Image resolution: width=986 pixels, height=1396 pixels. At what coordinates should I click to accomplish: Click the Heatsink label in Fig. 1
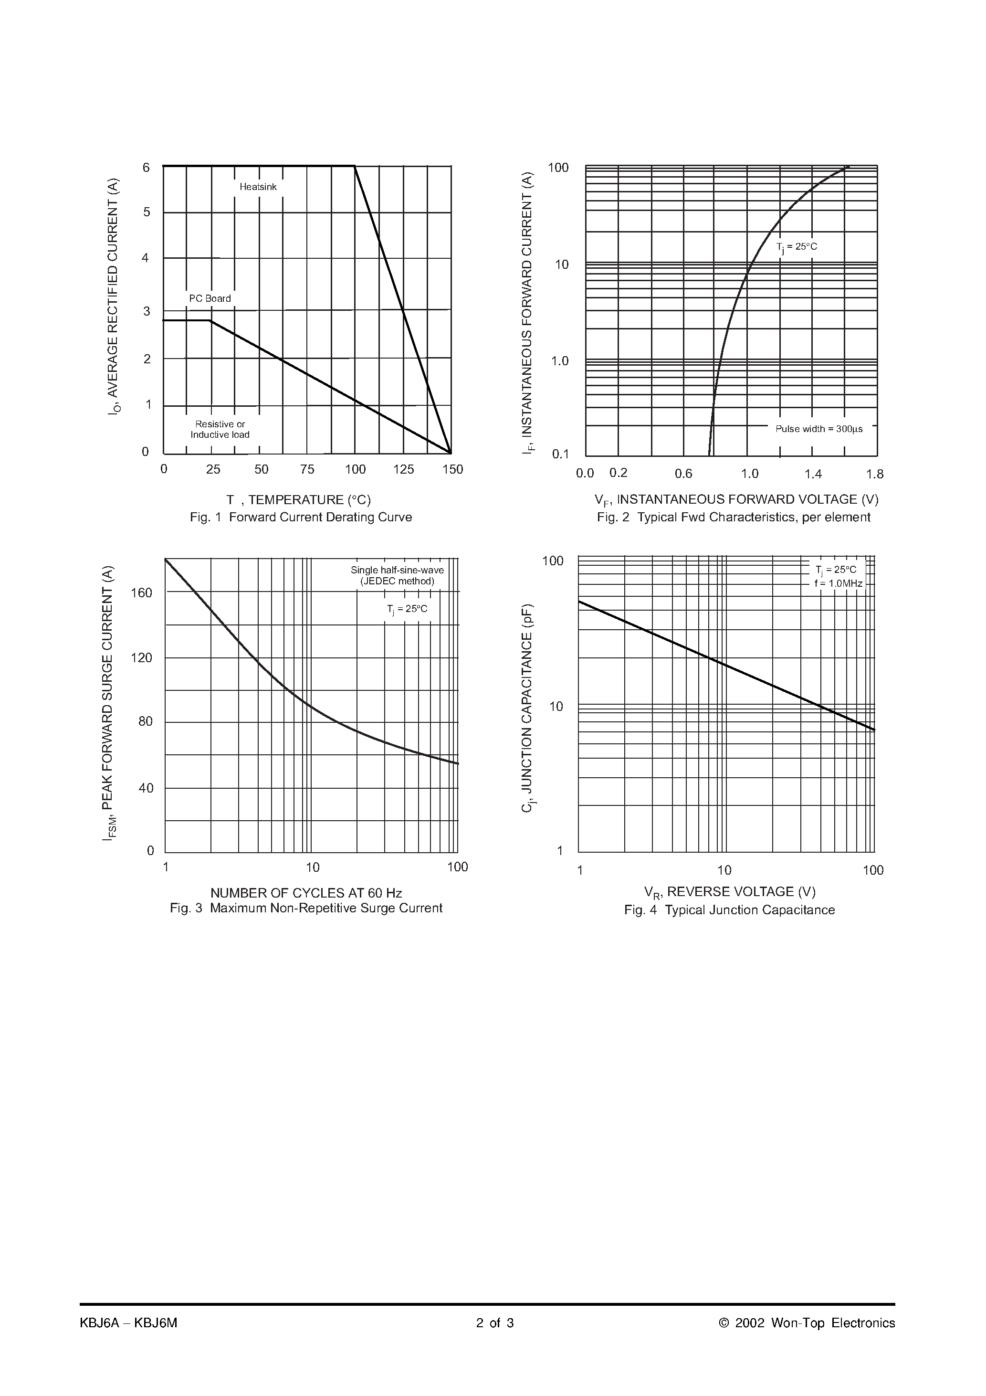coord(258,187)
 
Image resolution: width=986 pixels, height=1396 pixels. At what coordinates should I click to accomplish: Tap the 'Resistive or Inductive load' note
coord(220,429)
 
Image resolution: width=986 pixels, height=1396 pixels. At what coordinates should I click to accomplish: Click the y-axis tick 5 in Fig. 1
coord(147,212)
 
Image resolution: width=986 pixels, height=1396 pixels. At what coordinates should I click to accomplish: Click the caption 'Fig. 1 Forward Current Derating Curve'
coord(301,518)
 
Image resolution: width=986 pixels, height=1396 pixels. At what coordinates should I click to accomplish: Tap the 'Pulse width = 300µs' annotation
coord(819,429)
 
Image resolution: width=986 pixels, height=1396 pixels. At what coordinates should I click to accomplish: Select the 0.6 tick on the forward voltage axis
coord(683,474)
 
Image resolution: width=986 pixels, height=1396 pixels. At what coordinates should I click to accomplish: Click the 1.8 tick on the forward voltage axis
coord(875,474)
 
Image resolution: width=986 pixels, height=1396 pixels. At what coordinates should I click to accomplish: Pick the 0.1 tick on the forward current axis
coord(560,454)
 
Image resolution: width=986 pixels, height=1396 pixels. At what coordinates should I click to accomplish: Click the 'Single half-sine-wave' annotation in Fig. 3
coord(397,571)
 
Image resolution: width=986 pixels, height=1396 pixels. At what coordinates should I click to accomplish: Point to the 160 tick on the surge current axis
coord(142,593)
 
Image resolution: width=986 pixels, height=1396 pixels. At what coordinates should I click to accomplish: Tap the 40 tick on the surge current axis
coord(146,788)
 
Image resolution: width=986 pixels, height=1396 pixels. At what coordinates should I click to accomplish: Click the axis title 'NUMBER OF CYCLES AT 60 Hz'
coord(306,893)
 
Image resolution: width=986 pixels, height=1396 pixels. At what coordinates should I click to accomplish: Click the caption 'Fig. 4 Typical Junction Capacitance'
coord(729,910)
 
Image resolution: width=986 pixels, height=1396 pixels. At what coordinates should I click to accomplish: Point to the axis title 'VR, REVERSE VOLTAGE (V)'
coord(729,892)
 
